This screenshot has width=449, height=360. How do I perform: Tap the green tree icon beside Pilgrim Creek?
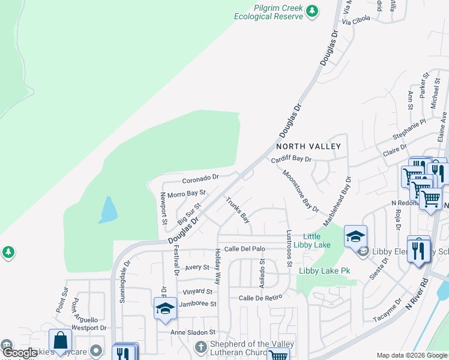[x=312, y=11]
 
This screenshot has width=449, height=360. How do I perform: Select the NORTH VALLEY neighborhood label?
[x=308, y=146]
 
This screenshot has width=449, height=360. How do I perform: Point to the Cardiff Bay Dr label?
[x=291, y=160]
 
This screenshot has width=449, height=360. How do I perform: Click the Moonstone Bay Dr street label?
[x=300, y=191]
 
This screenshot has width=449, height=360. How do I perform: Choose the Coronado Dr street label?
[x=200, y=178]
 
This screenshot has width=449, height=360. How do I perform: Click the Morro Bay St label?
[x=187, y=194]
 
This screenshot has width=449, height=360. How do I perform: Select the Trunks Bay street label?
[x=237, y=209]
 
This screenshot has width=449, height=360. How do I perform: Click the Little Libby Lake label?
[x=316, y=241]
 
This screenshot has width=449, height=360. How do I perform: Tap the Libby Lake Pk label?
[x=324, y=271]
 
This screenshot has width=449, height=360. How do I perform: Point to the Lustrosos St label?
[x=289, y=248]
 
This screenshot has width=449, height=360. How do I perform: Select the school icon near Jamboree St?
[x=165, y=308]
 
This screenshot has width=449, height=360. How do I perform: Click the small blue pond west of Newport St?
[x=108, y=209]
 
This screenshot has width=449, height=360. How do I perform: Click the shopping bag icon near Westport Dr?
[x=60, y=341]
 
